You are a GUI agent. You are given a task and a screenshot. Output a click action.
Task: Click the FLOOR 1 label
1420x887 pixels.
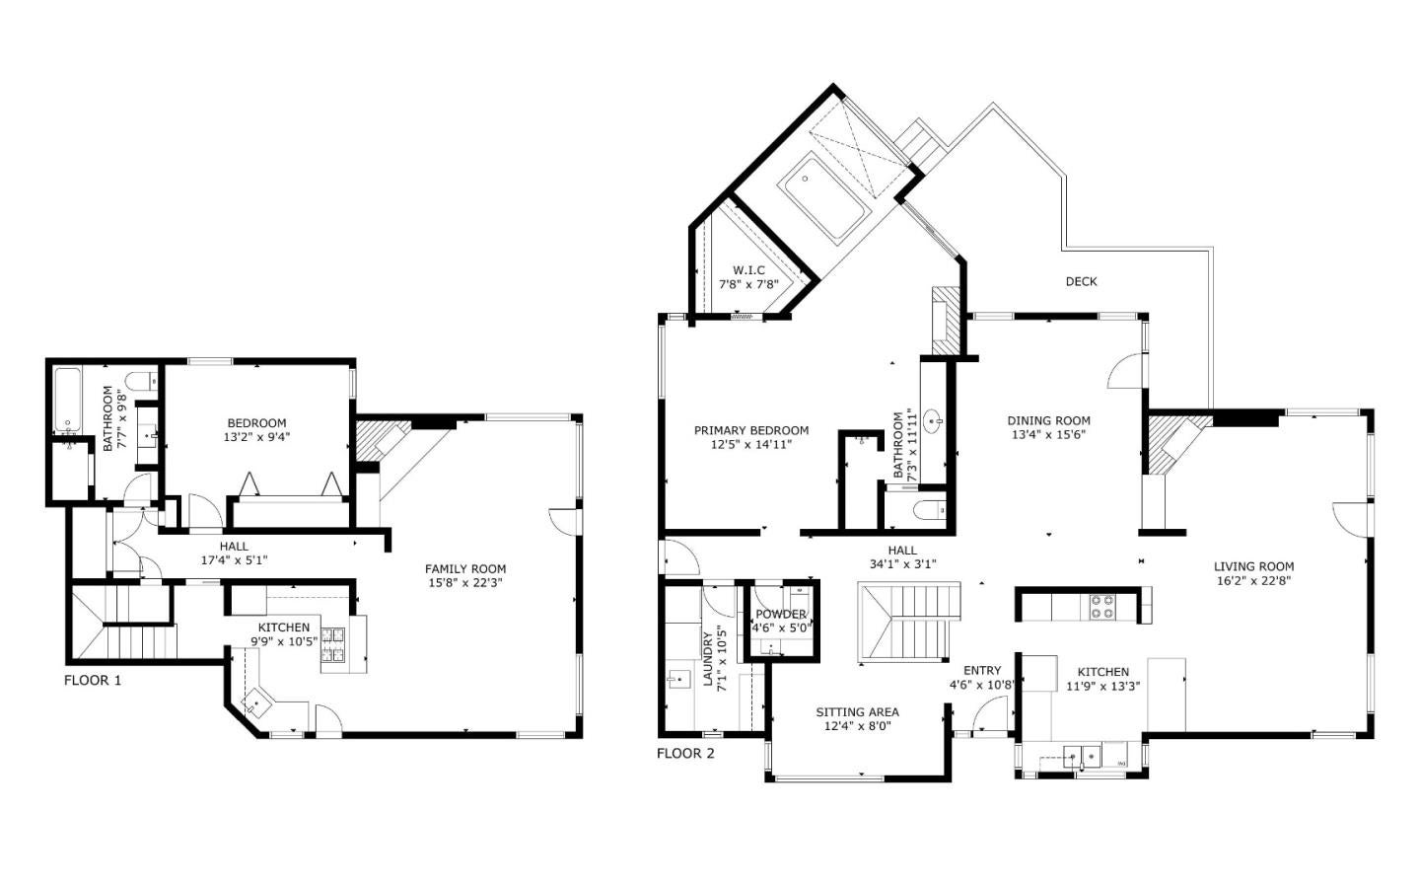pos(93,681)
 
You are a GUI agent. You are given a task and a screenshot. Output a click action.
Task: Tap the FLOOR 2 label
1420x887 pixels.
pos(685,754)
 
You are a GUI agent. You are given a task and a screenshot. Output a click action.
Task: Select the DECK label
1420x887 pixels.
pos(1081,282)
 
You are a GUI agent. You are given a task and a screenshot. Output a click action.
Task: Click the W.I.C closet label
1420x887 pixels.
pos(748,270)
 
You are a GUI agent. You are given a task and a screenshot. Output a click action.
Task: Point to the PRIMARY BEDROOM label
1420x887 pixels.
pos(751,431)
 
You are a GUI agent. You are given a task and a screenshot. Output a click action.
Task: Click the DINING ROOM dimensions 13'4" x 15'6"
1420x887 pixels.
pos(1049,435)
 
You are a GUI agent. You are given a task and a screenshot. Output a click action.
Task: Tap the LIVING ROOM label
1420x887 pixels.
pos(1254,566)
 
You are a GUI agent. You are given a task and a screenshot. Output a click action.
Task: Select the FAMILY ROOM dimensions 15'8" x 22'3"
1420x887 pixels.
pos(465,583)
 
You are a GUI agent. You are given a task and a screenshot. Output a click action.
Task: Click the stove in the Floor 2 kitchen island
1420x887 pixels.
pos(1101,606)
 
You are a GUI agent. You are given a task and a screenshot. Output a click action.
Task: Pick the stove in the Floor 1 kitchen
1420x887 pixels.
pos(333,643)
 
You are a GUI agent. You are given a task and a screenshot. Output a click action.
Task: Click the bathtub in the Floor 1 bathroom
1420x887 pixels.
pos(67,400)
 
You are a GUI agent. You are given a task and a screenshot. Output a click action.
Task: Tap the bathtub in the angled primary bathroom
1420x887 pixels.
pos(822,197)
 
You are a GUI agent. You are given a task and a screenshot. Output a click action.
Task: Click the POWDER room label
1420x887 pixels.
pos(781,614)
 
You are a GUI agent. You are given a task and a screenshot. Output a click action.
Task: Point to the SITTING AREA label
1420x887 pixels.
pos(857,712)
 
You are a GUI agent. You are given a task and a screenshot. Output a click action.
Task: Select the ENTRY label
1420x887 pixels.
pos(982,671)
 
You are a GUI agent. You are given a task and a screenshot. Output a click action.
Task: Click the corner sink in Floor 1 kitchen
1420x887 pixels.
pos(258,703)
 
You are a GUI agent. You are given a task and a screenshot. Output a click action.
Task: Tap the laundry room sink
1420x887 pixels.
pos(677,680)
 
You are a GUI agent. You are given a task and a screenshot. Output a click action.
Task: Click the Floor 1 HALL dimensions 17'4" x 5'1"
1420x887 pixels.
pos(234,560)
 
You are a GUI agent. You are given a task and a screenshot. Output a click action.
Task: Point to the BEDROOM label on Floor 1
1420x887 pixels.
pos(256,423)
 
